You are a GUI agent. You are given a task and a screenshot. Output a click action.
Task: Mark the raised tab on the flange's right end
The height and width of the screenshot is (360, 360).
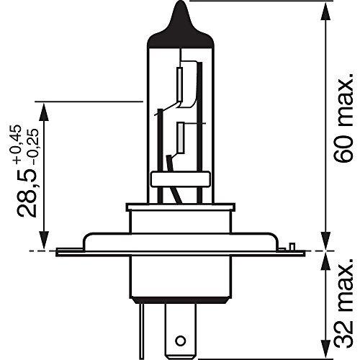coord(294,247)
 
